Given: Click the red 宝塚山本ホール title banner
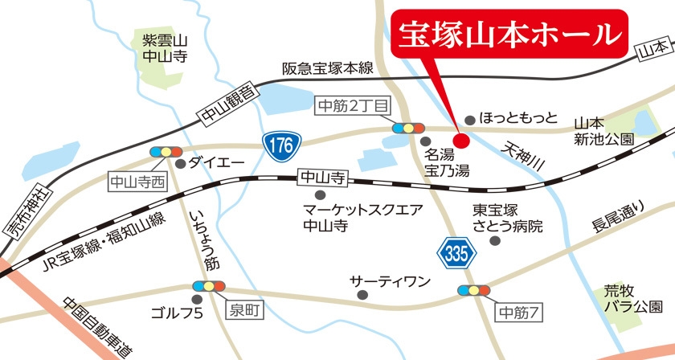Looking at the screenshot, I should pos(509,35).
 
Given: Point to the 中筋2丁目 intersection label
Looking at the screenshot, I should pos(353,105).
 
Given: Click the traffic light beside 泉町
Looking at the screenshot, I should pos(211,286).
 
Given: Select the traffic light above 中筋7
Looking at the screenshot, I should pos(473,289).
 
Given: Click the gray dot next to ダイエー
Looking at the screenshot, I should pos(181,163).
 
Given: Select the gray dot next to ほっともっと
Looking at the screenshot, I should pos(470,118).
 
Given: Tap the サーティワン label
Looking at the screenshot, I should pos(391,281).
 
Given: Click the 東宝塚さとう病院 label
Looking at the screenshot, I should pos(507,218).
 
